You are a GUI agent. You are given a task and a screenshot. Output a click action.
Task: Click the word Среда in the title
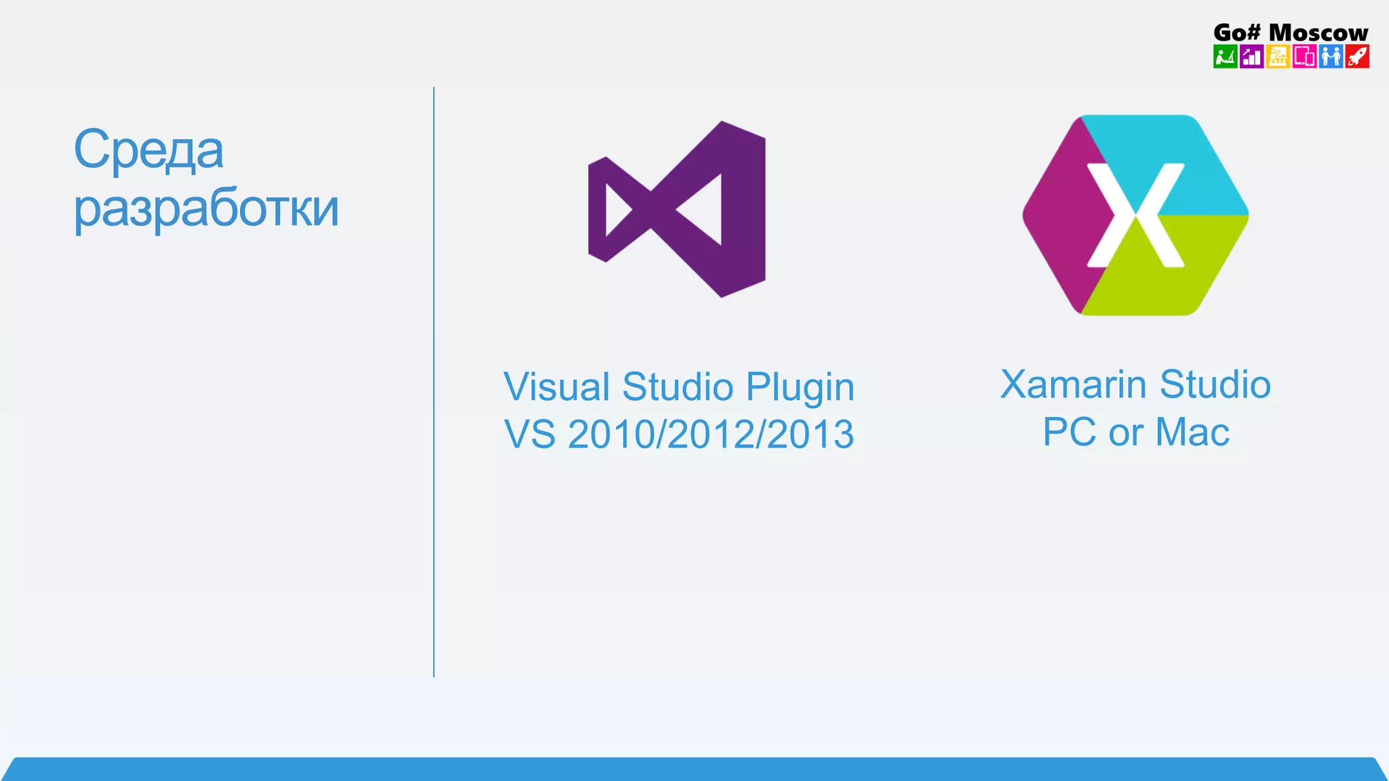coord(148,150)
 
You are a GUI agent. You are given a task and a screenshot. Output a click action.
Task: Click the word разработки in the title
coord(206,209)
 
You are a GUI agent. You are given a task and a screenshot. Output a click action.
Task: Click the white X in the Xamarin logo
coord(1135,215)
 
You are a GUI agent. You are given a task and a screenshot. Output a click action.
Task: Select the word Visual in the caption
coord(556,387)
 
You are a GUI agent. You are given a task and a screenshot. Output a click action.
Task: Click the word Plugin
coord(800,388)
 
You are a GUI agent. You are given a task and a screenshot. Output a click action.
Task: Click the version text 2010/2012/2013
coord(710,435)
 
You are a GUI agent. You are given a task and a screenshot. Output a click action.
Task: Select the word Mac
coord(1192,433)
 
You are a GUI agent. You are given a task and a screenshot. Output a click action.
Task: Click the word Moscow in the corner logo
coord(1318,33)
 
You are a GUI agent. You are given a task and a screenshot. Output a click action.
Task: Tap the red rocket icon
coord(1357,56)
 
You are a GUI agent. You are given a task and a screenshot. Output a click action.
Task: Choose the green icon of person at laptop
coord(1225,56)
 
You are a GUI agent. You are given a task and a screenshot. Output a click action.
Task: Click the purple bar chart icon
coord(1251,56)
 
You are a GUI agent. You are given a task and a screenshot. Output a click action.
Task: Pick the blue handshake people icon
coord(1331,56)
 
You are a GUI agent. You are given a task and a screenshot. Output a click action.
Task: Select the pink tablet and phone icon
coord(1304,56)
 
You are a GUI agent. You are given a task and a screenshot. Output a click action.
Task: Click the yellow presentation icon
coord(1278,56)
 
